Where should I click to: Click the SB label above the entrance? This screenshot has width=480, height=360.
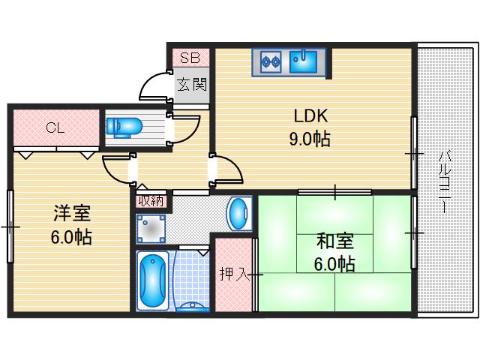point(189,58)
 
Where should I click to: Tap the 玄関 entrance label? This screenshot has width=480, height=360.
point(191,84)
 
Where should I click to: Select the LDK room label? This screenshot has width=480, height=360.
point(310,116)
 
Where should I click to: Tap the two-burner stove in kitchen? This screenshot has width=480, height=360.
point(271,61)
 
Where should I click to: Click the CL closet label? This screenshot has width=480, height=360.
point(54,127)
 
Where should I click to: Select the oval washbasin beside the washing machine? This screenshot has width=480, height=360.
point(237,214)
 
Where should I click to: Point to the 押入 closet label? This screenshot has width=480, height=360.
point(233,274)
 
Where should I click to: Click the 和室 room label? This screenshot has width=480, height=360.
point(334,241)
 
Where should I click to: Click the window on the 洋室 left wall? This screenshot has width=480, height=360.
point(10,225)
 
